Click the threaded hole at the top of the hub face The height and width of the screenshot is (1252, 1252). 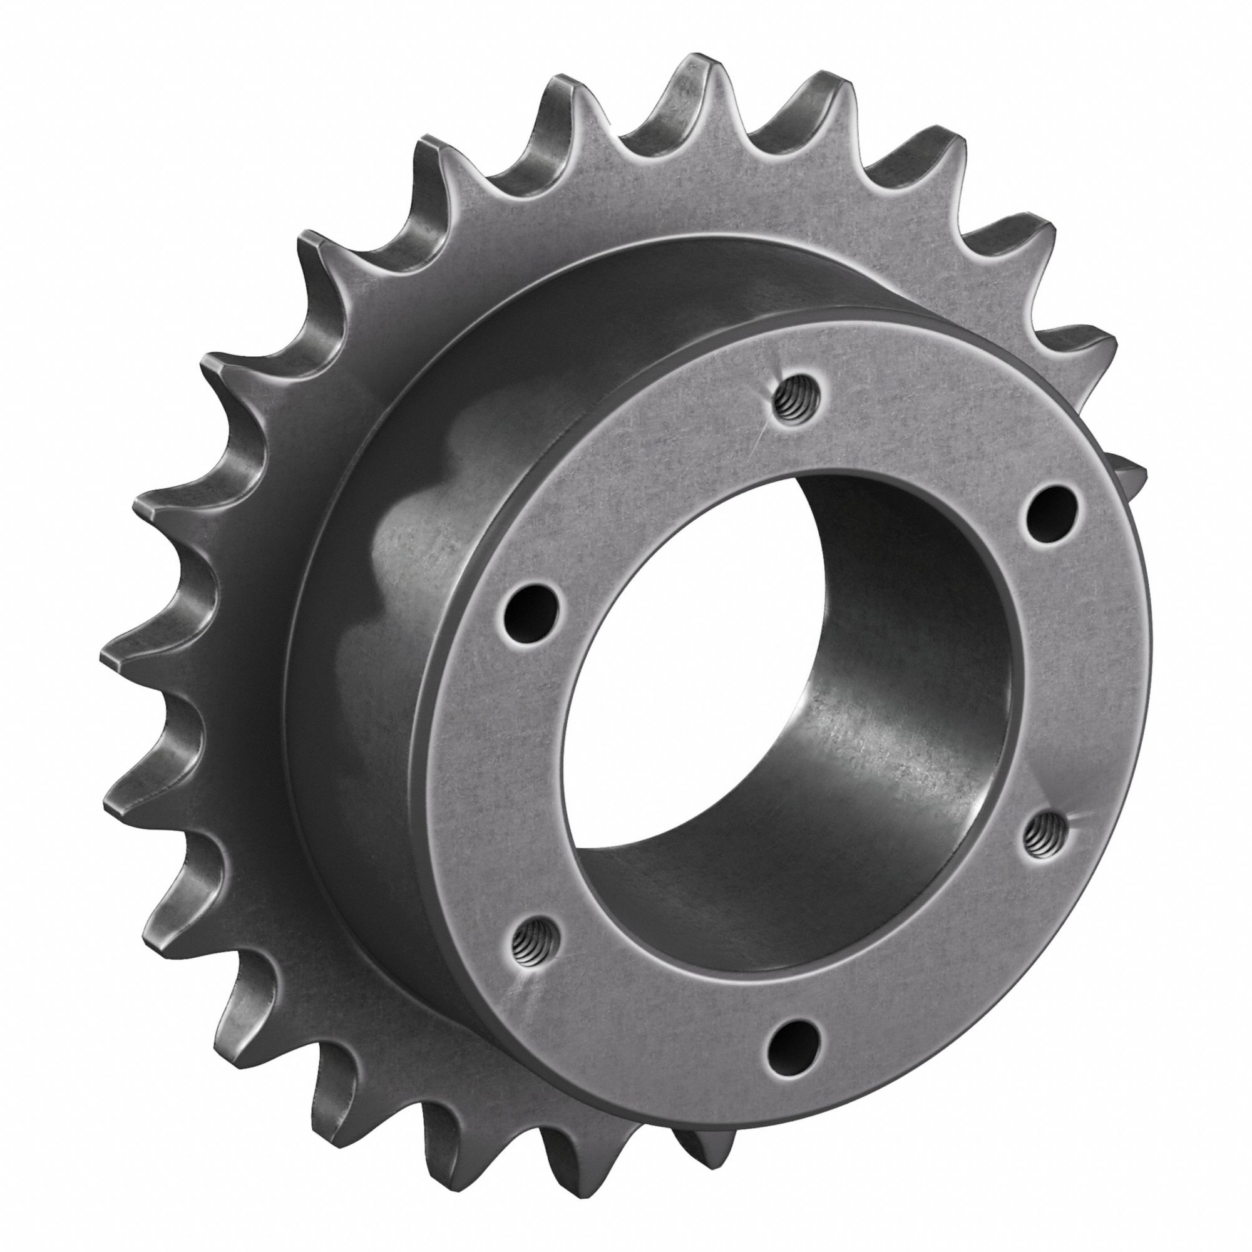[x=795, y=400]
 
